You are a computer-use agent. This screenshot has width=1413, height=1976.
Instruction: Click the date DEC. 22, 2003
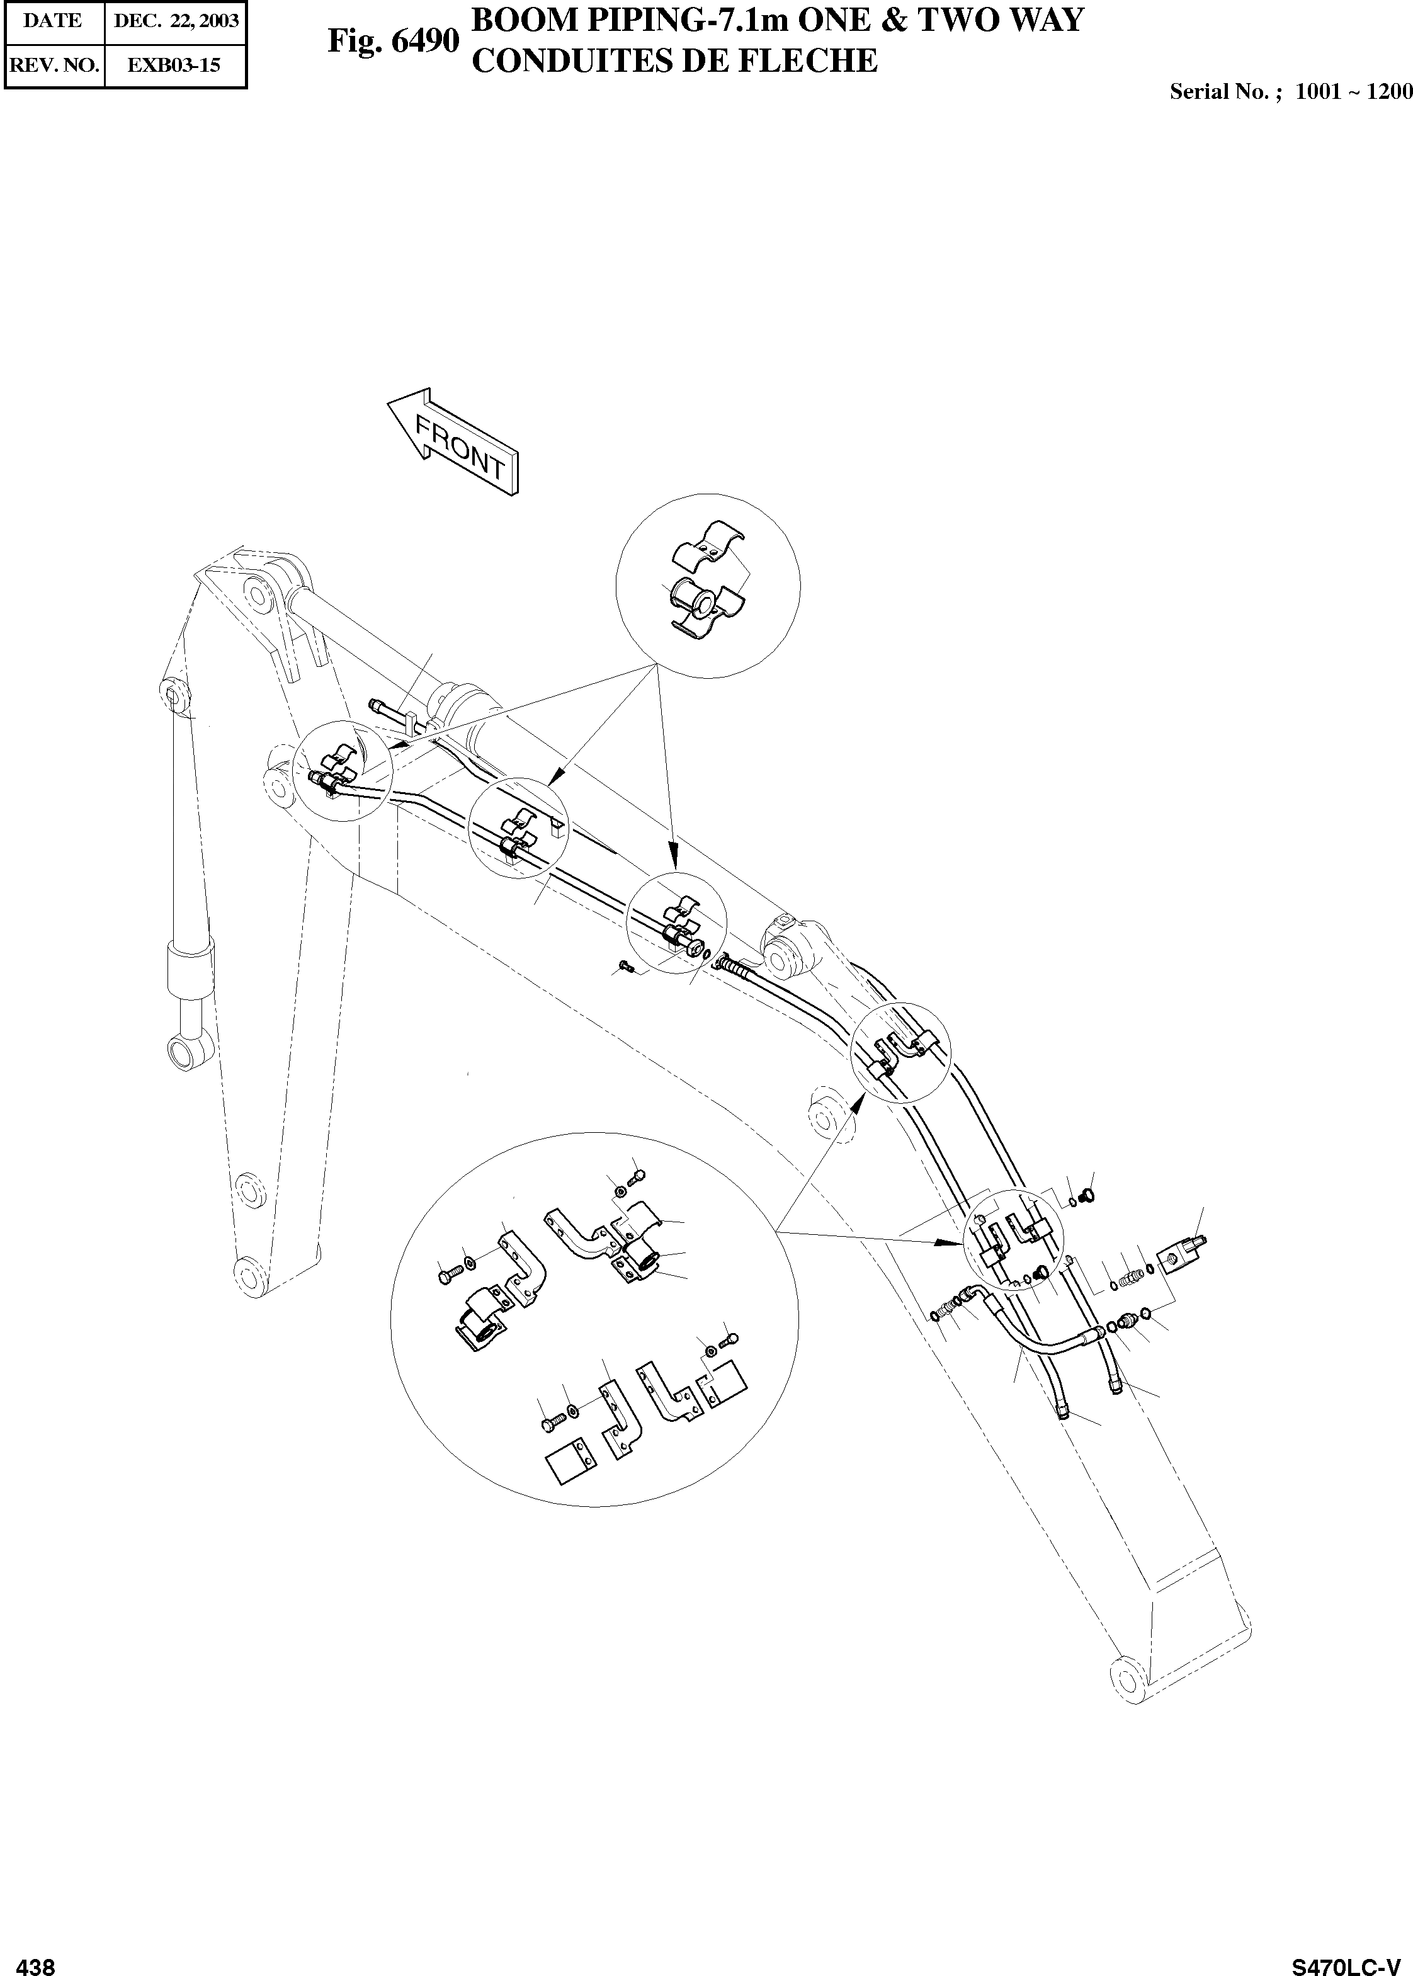point(176,21)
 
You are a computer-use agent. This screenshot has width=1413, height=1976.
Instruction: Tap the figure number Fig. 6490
point(392,42)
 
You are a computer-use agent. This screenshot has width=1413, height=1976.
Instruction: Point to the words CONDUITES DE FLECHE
point(674,61)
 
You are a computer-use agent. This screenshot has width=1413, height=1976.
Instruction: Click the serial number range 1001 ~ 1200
point(1353,92)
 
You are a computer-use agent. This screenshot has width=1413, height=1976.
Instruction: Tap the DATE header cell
point(52,21)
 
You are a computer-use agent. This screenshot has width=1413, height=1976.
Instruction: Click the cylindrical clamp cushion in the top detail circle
point(696,599)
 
